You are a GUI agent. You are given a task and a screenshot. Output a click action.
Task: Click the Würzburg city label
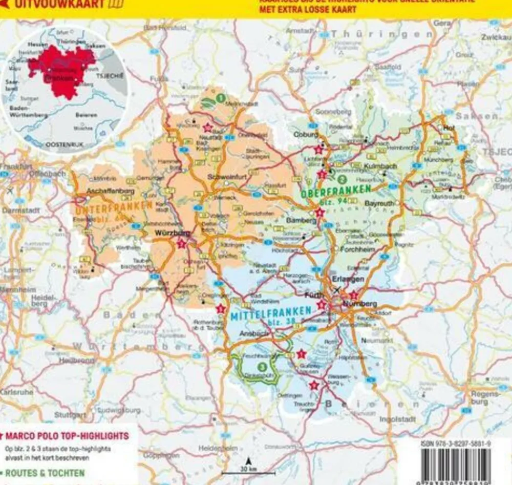coord(173,233)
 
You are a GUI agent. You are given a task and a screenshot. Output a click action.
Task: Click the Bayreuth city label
coord(379,203)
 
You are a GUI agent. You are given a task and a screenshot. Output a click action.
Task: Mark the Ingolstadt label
coord(397,419)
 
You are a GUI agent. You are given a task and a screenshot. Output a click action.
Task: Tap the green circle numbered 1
coord(220,97)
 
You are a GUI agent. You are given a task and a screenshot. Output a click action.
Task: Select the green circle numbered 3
coord(262,367)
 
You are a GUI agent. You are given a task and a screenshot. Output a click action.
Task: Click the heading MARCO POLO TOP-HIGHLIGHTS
coord(67,436)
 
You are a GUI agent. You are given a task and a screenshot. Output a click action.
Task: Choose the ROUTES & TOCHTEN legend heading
coord(45,473)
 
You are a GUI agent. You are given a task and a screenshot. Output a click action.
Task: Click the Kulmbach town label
coord(381,167)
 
